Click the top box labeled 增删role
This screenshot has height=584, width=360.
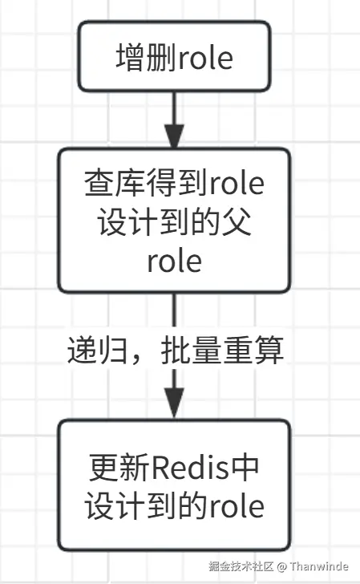(x=175, y=57)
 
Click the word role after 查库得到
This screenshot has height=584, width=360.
(x=237, y=185)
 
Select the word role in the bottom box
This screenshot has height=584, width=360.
(x=237, y=506)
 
